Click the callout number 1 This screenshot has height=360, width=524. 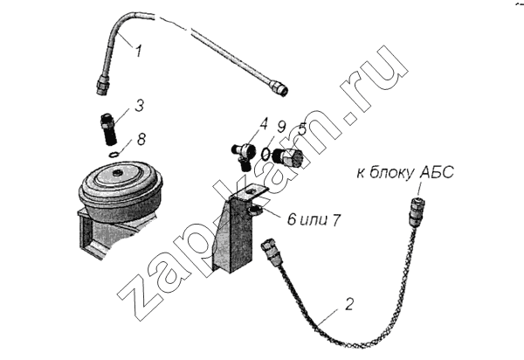pos(138,52)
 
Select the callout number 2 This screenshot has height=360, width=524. pos(348,304)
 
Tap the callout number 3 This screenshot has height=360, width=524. pos(140,106)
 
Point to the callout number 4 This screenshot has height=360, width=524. pos(264,124)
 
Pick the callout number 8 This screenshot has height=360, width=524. pos(141,139)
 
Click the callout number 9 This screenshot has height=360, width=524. pos(281,128)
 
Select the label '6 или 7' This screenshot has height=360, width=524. pos(314,220)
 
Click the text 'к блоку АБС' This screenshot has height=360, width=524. pos(405,173)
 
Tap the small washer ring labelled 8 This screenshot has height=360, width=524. pos(114,154)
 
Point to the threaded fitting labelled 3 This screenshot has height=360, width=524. pos(107,129)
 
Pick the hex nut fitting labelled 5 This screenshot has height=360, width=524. pos(287,157)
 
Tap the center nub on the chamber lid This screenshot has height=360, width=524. pos(117,174)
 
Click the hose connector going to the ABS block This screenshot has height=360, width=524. pos(417,210)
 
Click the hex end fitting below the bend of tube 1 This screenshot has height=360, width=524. pos(101,86)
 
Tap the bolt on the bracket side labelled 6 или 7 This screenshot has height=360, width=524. pos(255,211)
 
